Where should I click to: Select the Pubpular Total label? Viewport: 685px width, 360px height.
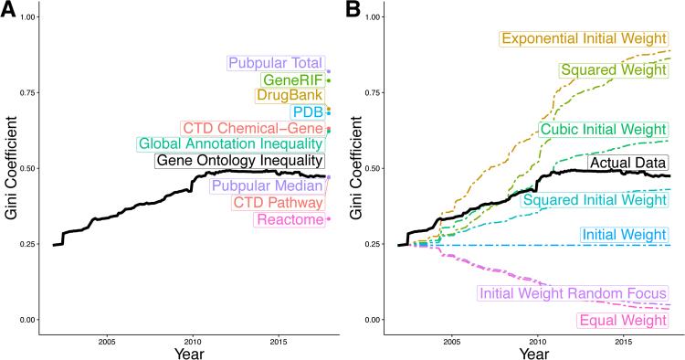[276, 64]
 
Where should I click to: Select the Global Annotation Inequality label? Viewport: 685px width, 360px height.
[230, 144]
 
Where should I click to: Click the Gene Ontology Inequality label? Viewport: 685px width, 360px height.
[237, 161]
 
